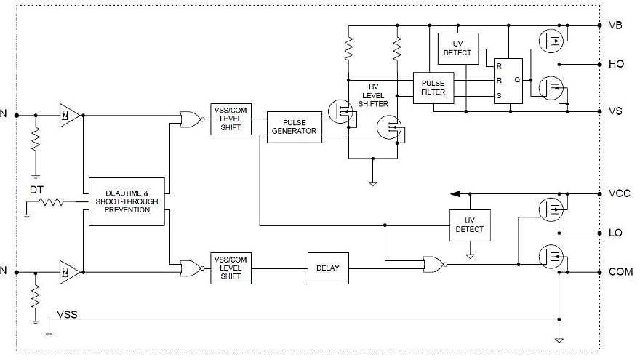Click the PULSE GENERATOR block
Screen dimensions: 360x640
pyautogui.click(x=295, y=127)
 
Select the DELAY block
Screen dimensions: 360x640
pyautogui.click(x=328, y=267)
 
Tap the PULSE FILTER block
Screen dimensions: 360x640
pyautogui.click(x=433, y=88)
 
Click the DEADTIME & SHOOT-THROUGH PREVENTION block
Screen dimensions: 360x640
pyautogui.click(x=127, y=201)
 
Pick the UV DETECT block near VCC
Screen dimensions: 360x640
pyautogui.click(x=470, y=225)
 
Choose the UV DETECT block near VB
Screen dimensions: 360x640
pyautogui.click(x=457, y=48)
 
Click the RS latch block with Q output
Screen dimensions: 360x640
pyautogui.click(x=508, y=81)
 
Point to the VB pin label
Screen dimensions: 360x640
pyautogui.click(x=615, y=25)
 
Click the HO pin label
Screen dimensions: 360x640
pyautogui.click(x=615, y=64)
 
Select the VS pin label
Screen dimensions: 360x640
pyautogui.click(x=615, y=111)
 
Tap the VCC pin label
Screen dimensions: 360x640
pyautogui.click(x=618, y=194)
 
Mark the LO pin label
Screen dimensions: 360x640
pyautogui.click(x=615, y=233)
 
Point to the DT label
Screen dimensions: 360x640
pyautogui.click(x=37, y=190)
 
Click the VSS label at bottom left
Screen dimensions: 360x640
pyautogui.click(x=68, y=315)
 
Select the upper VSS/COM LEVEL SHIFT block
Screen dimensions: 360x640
pyautogui.click(x=231, y=118)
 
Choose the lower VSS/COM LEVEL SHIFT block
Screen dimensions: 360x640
pyautogui.click(x=231, y=267)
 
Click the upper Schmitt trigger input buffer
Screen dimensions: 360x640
pyautogui.click(x=69, y=114)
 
